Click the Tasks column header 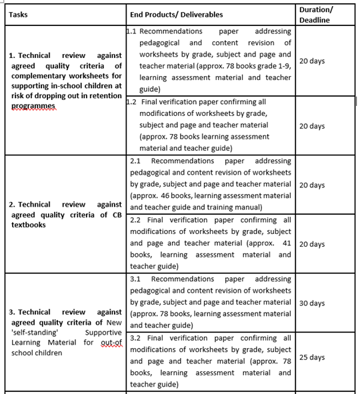pyautogui.click(x=19, y=15)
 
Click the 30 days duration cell pyautogui.click(x=312, y=303)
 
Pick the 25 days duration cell pyautogui.click(x=312, y=357)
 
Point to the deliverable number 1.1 pyautogui.click(x=131, y=31)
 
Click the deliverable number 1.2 pyautogui.click(x=131, y=102)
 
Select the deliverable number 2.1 pyautogui.click(x=135, y=161)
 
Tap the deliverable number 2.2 pyautogui.click(x=135, y=219)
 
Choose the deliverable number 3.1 pyautogui.click(x=135, y=279)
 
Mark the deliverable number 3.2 pyautogui.click(x=135, y=338)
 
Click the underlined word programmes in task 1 pyautogui.click(x=34, y=106)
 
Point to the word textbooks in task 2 pyautogui.click(x=29, y=225)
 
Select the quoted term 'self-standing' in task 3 pyautogui.click(x=31, y=332)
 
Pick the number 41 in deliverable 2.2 pyautogui.click(x=286, y=243)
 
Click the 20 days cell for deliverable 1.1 pyautogui.click(x=312, y=61)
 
